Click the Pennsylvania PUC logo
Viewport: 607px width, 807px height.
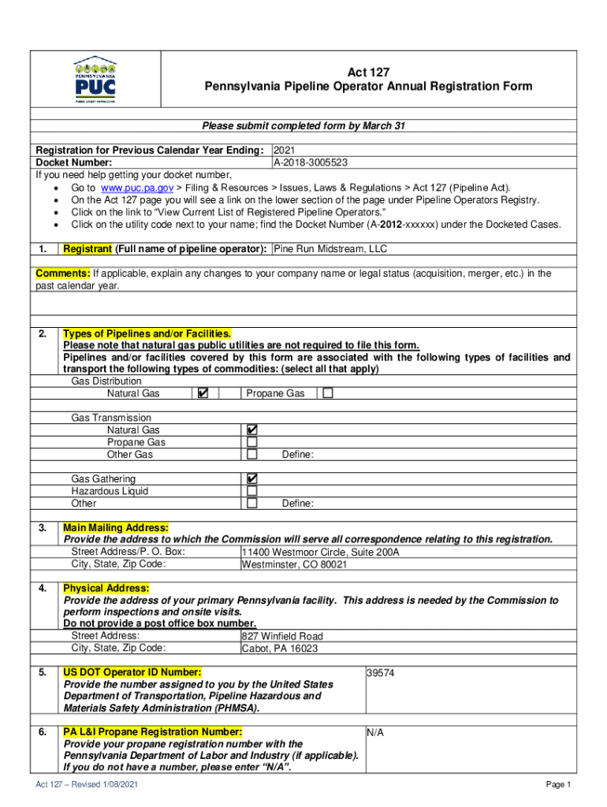95,80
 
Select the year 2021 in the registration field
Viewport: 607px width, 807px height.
285,151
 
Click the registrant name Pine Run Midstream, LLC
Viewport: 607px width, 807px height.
330,249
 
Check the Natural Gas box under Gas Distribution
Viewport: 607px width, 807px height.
203,393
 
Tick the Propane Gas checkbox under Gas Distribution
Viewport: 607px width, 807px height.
328,393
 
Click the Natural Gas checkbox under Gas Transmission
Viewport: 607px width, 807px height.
252,430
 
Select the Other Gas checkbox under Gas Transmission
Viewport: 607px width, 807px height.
252,455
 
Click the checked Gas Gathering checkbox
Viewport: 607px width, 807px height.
252,479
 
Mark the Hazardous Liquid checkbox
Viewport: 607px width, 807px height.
252,491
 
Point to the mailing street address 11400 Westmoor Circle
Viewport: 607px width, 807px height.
321,552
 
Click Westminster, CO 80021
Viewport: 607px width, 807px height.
294,565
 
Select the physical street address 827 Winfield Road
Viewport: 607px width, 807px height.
282,636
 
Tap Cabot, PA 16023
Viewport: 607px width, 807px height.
280,649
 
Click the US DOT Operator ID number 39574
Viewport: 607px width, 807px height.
382,673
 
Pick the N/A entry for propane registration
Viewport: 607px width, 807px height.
375,733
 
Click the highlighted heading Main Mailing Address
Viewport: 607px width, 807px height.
116,527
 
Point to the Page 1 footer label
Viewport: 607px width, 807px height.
557,785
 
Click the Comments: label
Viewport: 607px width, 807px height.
63,273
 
